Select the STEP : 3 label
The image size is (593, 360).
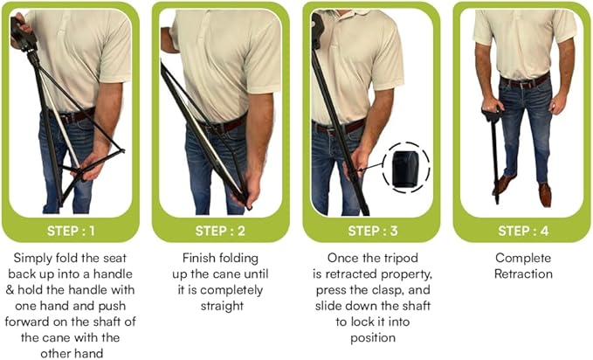pos(370,231)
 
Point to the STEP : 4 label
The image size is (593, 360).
pos(521,231)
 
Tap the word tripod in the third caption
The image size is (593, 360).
pos(397,258)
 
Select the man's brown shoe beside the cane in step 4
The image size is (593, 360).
pos(503,184)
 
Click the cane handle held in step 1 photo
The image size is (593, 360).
pos(19,31)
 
